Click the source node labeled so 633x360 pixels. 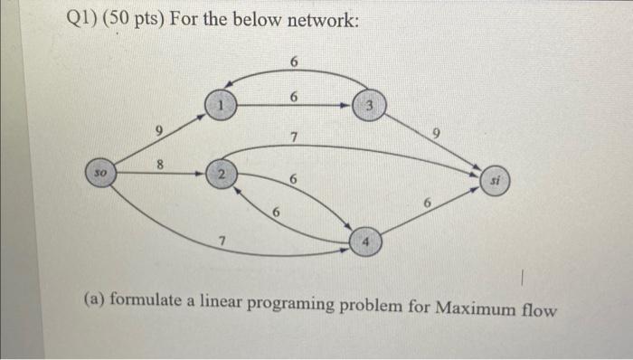coord(99,169)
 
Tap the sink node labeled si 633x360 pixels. coord(495,180)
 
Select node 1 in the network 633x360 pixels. coord(217,105)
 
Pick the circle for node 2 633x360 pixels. coord(219,172)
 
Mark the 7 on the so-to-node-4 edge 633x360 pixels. coord(220,238)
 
